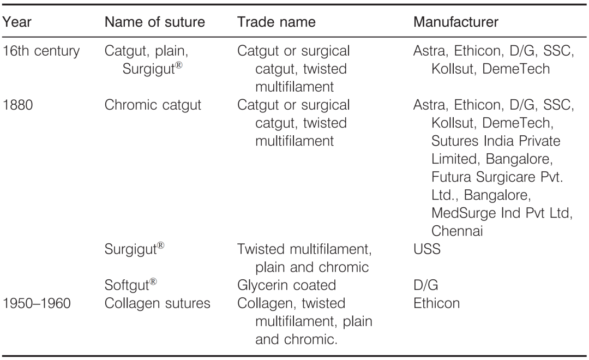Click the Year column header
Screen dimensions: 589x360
click(x=16, y=22)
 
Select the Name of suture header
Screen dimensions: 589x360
click(x=155, y=22)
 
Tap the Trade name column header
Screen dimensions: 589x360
click(x=276, y=22)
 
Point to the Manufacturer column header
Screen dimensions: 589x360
click(x=455, y=22)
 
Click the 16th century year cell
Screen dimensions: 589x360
click(x=41, y=51)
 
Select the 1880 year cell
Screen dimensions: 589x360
click(x=17, y=105)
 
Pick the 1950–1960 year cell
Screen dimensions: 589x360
click(x=37, y=303)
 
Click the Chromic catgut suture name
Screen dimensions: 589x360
click(x=153, y=105)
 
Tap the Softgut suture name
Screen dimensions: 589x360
click(x=131, y=285)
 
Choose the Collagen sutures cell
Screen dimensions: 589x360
click(x=158, y=304)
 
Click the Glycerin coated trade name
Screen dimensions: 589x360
click(x=286, y=285)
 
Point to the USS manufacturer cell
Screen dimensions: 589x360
click(x=426, y=249)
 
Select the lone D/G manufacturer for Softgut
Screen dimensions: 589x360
click(x=425, y=285)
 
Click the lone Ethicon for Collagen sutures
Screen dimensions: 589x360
click(x=436, y=303)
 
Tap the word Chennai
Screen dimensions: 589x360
click(x=457, y=231)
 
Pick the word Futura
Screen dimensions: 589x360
click(x=451, y=177)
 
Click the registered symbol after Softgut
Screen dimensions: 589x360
click(x=153, y=282)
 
